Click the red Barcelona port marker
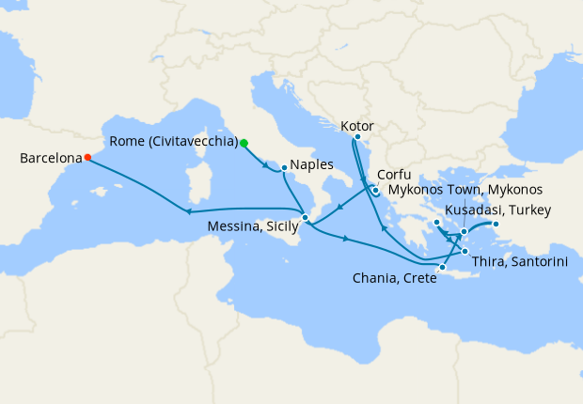pyautogui.click(x=87, y=158)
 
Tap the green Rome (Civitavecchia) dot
pyautogui.click(x=244, y=143)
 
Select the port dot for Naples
pyautogui.click(x=284, y=168)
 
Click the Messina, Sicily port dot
pyautogui.click(x=306, y=218)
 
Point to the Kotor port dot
pyautogui.click(x=357, y=137)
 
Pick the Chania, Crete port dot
pyautogui.click(x=442, y=268)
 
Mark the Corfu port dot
pyautogui.click(x=374, y=191)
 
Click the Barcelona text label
pyautogui.click(x=49, y=159)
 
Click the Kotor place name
pyautogui.click(x=359, y=125)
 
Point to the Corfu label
pyautogui.click(x=395, y=175)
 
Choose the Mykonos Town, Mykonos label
pyautogui.click(x=466, y=190)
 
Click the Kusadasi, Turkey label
pyautogui.click(x=497, y=210)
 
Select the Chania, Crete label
pyautogui.click(x=394, y=278)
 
